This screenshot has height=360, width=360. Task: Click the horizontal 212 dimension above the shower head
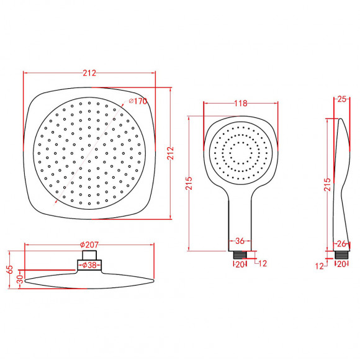point(89,73)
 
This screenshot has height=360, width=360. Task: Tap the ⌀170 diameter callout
point(137,101)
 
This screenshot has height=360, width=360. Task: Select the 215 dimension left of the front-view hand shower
point(190,184)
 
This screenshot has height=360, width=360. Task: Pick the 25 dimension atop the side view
point(342,98)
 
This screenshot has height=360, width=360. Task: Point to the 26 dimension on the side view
point(341,243)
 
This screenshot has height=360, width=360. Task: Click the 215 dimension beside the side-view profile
point(327,184)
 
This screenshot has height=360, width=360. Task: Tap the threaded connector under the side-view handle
point(341,254)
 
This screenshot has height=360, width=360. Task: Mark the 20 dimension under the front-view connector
point(239,264)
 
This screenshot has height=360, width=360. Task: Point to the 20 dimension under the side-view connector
point(341,264)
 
